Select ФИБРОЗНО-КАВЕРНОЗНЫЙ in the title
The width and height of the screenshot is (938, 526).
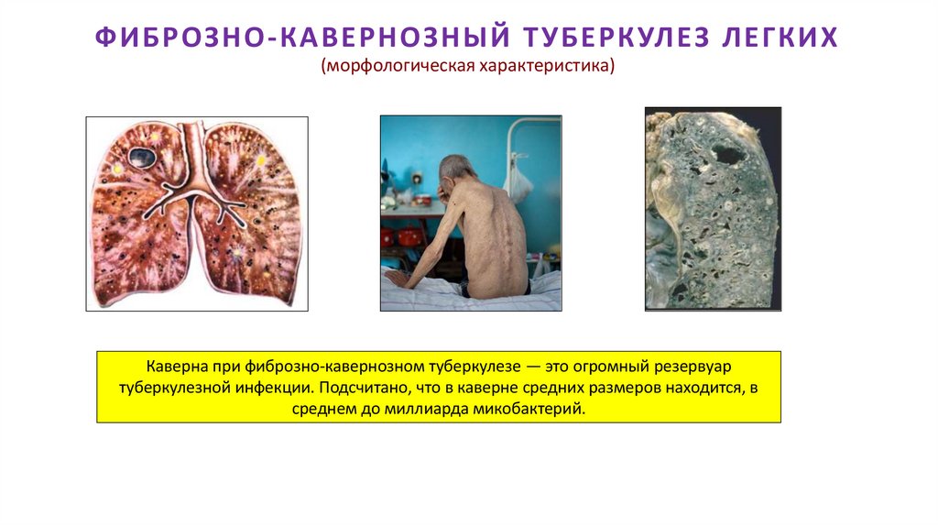coord(302,38)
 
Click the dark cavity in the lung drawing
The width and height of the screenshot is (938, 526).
coord(141,157)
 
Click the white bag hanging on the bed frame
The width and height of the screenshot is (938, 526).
coord(518,181)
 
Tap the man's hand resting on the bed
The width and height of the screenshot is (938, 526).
coord(394,278)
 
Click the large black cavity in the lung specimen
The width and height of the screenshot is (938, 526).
coord(730,153)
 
